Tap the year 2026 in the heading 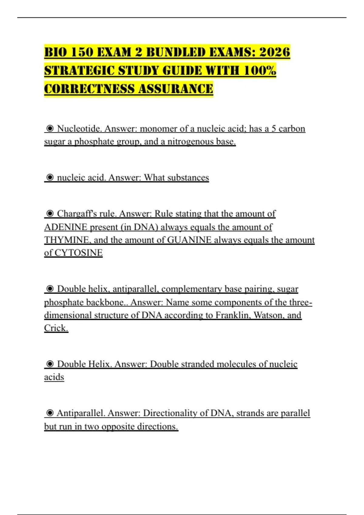pos(275,52)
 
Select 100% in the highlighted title pos(260,71)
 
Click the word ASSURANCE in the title pos(176,89)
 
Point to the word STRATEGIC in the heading pos(79,71)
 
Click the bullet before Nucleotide pos(50,129)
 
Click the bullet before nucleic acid pos(50,178)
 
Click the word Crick pos(56,328)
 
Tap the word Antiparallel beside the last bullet pos(81,413)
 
